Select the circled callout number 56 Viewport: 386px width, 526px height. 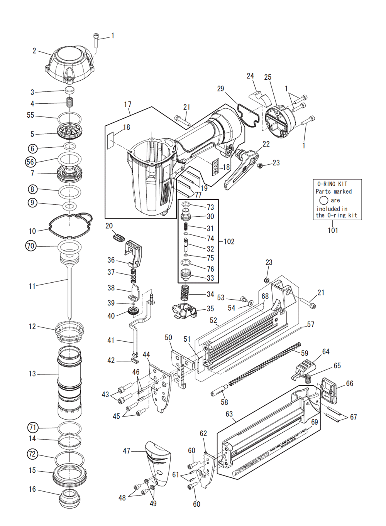coord(30,162)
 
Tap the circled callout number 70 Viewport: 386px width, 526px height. coord(30,246)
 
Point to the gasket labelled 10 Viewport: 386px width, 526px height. coord(71,225)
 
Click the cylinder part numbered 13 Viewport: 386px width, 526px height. coord(69,382)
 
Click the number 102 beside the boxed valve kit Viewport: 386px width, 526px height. coord(229,242)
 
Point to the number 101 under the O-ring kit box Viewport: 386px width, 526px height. coord(333,231)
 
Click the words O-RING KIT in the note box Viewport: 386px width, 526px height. coord(332,184)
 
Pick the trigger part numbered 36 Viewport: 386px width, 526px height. coord(133,253)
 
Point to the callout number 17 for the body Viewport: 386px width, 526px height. coord(128,105)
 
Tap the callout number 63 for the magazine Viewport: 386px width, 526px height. coord(229,414)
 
